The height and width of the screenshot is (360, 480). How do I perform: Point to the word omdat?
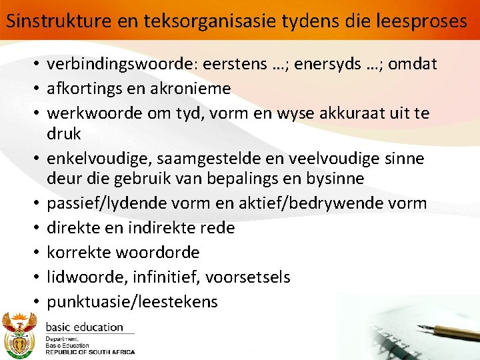pos(413,64)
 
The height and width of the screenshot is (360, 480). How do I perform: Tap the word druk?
pos(64,133)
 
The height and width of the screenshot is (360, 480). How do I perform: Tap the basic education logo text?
pos(84,327)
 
